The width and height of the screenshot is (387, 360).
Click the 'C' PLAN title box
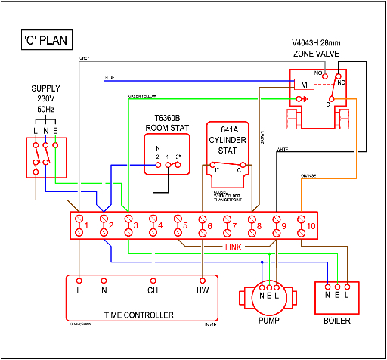[48, 40]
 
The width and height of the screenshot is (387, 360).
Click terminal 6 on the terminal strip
[203, 225]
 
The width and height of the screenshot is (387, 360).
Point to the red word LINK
[234, 247]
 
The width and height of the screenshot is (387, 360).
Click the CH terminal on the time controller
[152, 288]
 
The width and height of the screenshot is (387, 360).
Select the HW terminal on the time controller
[203, 288]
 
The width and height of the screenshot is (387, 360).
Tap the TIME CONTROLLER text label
[141, 314]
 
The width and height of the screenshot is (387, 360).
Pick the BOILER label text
[336, 319]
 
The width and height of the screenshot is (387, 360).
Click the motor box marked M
[304, 85]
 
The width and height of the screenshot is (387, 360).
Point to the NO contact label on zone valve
[319, 73]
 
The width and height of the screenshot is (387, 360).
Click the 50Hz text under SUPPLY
[46, 110]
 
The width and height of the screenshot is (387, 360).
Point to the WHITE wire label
[283, 148]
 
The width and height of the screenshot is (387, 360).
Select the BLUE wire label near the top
[109, 78]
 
